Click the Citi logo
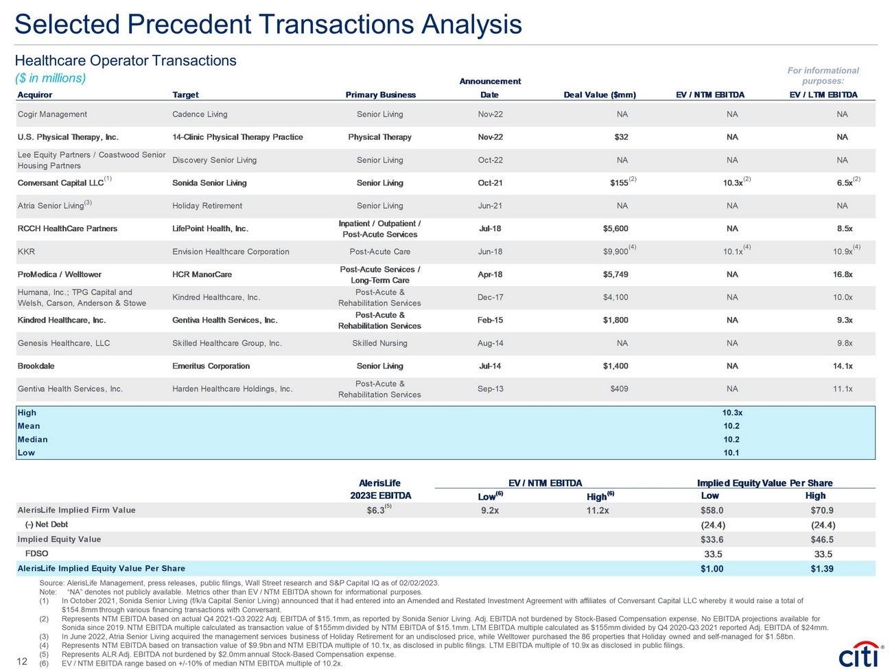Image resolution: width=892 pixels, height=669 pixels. [860, 654]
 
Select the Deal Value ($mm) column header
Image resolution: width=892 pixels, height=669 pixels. [599, 95]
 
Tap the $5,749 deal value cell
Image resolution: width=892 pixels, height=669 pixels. [615, 274]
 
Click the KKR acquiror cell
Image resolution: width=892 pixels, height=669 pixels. [27, 252]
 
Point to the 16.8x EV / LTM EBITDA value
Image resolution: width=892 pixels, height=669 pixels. [843, 274]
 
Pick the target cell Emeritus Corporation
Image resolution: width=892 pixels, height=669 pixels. [211, 366]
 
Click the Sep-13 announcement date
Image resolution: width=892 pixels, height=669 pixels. [490, 389]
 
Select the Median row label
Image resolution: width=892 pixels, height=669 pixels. [33, 440]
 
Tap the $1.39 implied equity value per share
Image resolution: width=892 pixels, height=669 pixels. [822, 569]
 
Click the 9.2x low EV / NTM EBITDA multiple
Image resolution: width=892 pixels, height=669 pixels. [490, 510]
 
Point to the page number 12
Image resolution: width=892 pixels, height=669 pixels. [21, 661]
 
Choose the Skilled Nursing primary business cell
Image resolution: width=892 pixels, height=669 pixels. [379, 343]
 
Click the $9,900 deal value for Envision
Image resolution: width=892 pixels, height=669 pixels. [615, 252]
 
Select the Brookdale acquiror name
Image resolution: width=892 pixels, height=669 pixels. [36, 366]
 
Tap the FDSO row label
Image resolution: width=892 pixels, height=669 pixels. [36, 554]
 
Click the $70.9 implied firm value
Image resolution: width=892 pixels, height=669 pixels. [822, 510]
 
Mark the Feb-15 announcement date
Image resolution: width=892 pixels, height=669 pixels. [490, 320]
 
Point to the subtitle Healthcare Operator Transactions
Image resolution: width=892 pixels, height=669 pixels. [126, 60]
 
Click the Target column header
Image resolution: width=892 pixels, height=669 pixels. [185, 95]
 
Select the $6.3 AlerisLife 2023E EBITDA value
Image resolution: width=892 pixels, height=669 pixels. [376, 510]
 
